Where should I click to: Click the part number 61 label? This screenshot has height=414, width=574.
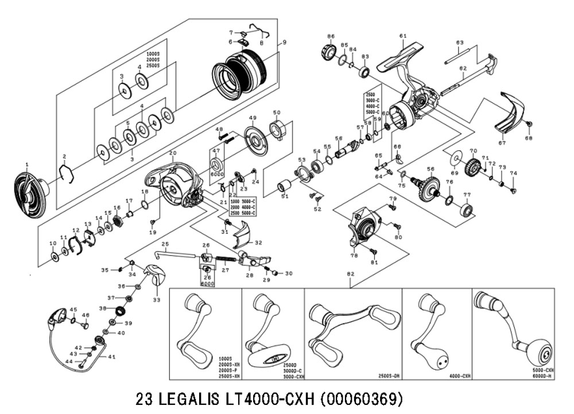click(x=402, y=36)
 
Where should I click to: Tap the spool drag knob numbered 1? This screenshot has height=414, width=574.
click(x=29, y=193)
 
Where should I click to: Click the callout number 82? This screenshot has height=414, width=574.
click(x=350, y=275)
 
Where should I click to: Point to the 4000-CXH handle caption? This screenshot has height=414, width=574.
click(x=459, y=376)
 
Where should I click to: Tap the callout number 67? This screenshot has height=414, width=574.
click(x=502, y=143)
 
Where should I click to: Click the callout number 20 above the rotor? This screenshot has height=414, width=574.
click(x=172, y=153)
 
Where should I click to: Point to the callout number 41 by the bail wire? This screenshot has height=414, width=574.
click(x=112, y=357)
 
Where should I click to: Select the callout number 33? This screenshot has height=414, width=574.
click(x=156, y=299)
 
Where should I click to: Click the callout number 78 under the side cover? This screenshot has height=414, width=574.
click(x=354, y=256)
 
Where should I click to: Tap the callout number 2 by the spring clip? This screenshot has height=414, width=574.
click(x=65, y=157)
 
